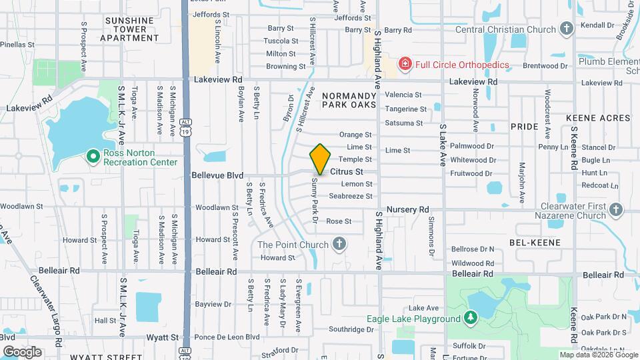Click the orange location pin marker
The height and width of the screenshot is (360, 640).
pyautogui.click(x=320, y=159)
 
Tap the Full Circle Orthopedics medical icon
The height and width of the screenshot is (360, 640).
pyautogui.click(x=404, y=64)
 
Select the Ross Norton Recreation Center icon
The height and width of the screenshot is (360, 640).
pyautogui.click(x=94, y=156)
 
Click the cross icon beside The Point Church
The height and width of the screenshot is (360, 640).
pyautogui.click(x=339, y=244)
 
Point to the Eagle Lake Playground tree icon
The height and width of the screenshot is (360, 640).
pyautogui.click(x=471, y=317)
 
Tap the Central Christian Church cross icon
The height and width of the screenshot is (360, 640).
pyautogui.click(x=566, y=29)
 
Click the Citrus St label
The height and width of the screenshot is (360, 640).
pyautogui.click(x=347, y=171)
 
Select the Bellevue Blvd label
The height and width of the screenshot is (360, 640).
pyautogui.click(x=217, y=175)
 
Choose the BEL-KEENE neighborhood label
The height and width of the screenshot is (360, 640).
pyautogui.click(x=535, y=243)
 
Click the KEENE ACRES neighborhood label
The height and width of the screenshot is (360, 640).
pyautogui.click(x=598, y=118)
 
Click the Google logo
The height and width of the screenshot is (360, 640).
pyautogui.click(x=22, y=351)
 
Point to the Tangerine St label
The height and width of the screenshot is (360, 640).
pyautogui.click(x=406, y=109)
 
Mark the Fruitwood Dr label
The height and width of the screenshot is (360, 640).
pyautogui.click(x=471, y=173)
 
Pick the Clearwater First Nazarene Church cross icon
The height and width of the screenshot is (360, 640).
pyautogui.click(x=616, y=211)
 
